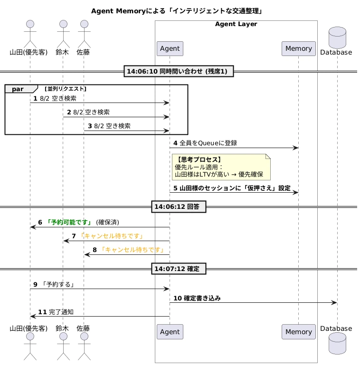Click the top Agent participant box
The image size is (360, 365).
pos(170,48)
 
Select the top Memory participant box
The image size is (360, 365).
pos(299,48)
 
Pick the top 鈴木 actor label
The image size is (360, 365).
pos(62,52)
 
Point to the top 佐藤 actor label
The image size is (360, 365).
pos(84,52)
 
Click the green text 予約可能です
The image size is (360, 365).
pos(69,222)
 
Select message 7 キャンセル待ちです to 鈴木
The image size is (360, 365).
pos(111,236)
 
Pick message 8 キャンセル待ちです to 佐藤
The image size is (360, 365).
pos(132,250)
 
